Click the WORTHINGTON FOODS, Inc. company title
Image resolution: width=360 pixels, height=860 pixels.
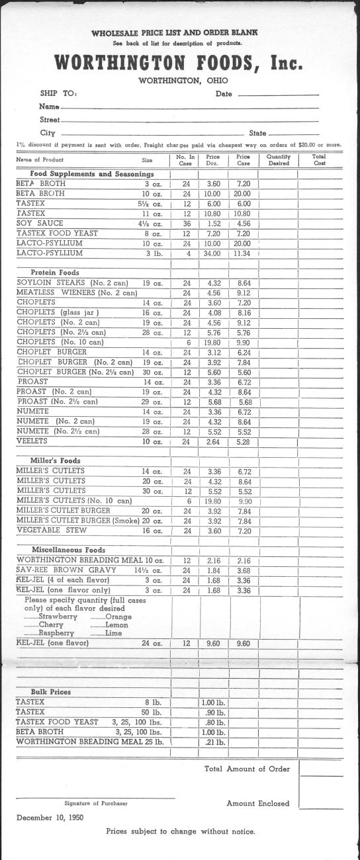(179, 63)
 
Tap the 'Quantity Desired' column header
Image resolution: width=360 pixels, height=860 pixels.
(279, 159)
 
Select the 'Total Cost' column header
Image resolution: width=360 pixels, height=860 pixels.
(320, 159)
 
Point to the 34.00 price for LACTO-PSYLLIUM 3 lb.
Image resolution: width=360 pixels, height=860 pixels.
(213, 253)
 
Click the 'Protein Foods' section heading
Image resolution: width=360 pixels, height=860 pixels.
(55, 272)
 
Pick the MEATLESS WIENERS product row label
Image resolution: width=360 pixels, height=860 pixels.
(76, 292)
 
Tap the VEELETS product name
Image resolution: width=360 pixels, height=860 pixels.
(32, 441)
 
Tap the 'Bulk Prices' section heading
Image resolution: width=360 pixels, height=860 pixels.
(51, 692)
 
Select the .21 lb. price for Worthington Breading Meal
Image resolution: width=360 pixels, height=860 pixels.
(213, 742)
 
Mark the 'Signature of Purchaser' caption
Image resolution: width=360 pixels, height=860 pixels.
(96, 803)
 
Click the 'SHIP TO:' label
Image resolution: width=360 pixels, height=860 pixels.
(59, 93)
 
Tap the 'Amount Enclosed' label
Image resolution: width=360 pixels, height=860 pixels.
(257, 803)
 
